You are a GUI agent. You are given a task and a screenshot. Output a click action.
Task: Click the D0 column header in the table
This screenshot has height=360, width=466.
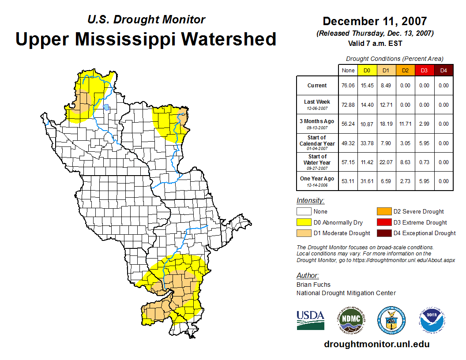(367, 70)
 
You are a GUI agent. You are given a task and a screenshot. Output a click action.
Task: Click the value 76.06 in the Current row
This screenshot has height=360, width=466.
(348, 86)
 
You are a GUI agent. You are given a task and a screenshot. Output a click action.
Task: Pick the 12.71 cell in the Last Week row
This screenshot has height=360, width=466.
(386, 105)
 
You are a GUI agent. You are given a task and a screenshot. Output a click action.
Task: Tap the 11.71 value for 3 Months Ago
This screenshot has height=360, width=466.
(405, 124)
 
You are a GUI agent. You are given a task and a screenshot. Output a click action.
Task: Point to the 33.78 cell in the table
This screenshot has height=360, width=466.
(367, 143)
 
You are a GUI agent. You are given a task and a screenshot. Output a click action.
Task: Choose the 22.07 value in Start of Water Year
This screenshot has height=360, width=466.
(386, 162)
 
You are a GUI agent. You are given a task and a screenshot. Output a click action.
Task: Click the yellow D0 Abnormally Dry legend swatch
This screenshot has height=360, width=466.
(304, 222)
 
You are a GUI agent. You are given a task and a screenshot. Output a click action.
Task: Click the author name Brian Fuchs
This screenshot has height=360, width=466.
(313, 285)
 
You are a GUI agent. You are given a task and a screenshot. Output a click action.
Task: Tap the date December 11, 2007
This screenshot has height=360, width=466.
(375, 21)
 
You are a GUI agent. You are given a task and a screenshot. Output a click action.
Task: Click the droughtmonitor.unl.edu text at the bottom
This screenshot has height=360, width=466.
(376, 344)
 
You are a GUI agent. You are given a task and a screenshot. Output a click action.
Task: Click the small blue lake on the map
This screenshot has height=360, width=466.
(106, 107)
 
